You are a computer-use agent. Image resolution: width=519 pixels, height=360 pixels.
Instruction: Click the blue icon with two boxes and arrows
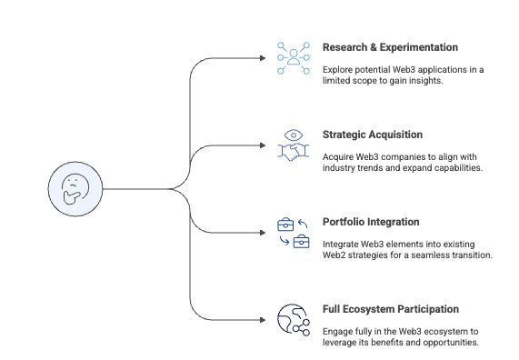(x=293, y=233)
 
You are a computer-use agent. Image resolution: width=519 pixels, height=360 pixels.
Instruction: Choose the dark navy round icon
(x=292, y=320)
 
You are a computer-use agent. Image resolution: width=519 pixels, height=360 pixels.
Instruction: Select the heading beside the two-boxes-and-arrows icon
(x=369, y=224)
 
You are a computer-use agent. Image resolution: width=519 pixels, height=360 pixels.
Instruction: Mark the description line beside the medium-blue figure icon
(x=402, y=165)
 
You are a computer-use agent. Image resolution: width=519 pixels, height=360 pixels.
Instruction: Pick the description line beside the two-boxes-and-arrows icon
(x=407, y=252)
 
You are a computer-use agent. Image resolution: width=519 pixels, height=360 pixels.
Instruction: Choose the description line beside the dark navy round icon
(x=399, y=338)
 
